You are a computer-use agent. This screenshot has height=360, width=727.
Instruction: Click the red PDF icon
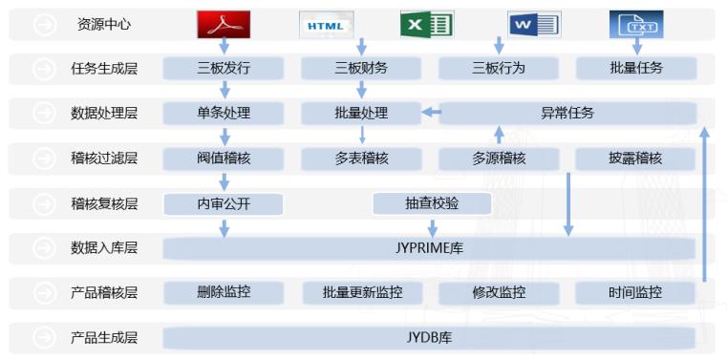point(223,24)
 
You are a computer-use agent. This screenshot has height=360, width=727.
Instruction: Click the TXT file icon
point(636,24)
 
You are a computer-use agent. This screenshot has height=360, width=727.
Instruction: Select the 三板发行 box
point(223,68)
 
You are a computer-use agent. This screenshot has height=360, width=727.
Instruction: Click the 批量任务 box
point(635,68)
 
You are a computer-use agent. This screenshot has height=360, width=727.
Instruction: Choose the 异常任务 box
point(567,113)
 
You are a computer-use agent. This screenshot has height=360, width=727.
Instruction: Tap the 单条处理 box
point(223,113)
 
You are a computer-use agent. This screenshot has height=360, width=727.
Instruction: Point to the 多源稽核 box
point(499,158)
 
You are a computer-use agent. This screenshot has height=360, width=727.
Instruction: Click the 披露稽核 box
point(635,158)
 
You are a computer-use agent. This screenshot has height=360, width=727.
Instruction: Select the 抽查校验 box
point(432,202)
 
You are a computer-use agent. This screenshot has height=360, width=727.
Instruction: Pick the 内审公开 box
point(223,202)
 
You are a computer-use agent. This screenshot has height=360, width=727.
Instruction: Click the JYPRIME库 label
point(430,247)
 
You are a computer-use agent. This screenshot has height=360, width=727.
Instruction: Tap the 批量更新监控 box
point(362,292)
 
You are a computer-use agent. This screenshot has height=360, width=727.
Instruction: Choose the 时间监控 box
point(635,292)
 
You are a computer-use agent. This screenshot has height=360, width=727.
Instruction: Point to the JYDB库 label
point(430,337)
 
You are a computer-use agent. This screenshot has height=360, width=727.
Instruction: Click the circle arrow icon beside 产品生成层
point(44,337)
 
